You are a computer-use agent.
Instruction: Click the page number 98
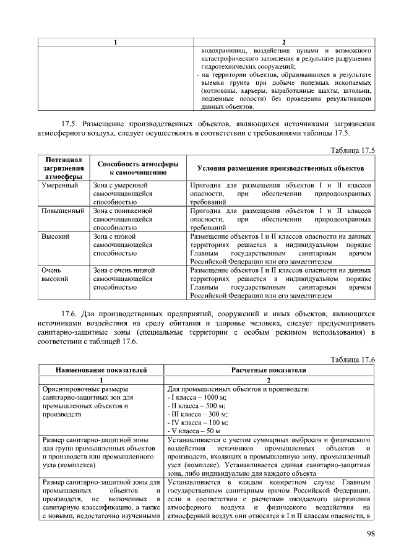pos(370,534)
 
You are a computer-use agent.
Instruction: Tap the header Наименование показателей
pos(101,370)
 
